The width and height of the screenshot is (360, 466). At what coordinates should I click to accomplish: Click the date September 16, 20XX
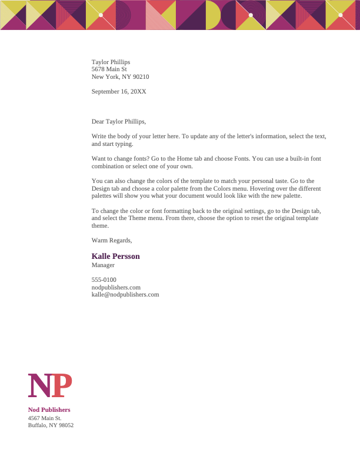coord(119,92)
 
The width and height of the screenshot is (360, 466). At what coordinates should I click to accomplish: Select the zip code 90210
coord(141,76)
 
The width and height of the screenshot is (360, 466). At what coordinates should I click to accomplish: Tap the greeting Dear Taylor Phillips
coord(118,122)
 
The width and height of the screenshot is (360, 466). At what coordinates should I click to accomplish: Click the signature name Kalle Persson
coord(115,257)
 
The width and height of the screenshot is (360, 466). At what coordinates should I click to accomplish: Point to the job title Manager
coord(103,265)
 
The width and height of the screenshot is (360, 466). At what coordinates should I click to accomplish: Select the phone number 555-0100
coord(104,279)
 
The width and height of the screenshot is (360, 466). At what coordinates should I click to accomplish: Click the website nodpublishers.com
coord(116,287)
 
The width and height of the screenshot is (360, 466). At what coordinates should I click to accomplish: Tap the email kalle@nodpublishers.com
coord(125,294)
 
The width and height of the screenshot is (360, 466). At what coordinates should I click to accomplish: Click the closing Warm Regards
coord(112,240)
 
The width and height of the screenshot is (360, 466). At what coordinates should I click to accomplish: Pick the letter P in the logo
coord(62,386)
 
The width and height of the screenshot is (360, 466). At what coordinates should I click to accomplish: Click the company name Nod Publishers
coord(49,410)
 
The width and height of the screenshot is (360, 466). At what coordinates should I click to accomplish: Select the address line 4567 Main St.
coord(45,418)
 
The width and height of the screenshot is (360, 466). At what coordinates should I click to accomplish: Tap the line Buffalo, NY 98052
coord(51,425)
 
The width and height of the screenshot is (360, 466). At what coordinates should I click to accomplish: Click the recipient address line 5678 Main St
coord(109,69)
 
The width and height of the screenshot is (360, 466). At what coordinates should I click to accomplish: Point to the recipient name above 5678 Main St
coord(111,62)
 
